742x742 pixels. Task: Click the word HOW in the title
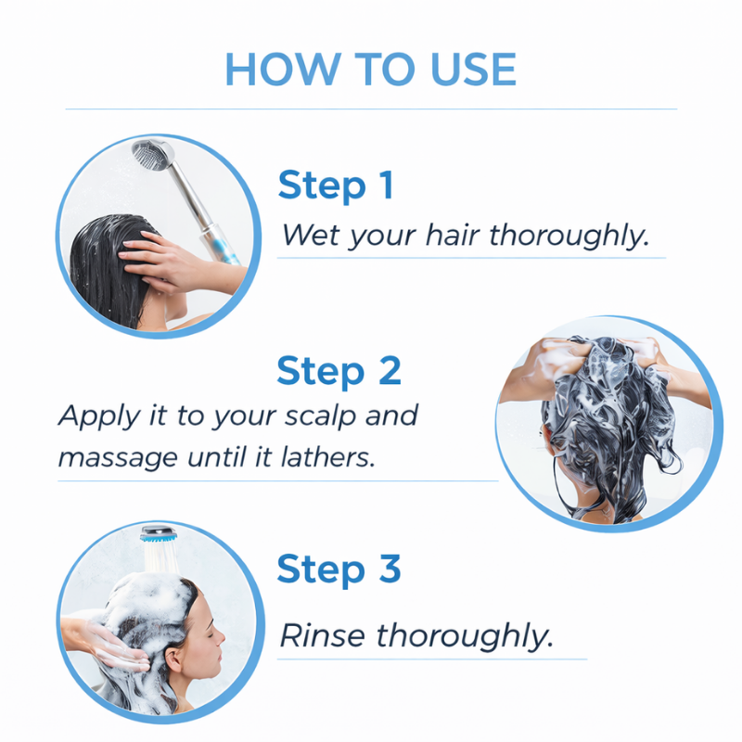click(x=283, y=69)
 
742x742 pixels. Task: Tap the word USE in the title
click(x=473, y=69)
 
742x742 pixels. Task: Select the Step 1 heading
click(x=336, y=186)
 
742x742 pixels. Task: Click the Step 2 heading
click(x=339, y=372)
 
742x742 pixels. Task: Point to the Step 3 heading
click(x=339, y=569)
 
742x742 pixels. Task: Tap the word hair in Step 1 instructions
click(x=453, y=235)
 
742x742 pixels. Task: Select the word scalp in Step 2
click(x=321, y=416)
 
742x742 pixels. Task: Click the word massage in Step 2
click(x=118, y=458)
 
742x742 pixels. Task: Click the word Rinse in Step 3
click(x=322, y=635)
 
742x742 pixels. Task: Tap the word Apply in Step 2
click(x=99, y=416)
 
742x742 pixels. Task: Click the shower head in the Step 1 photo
click(x=152, y=155)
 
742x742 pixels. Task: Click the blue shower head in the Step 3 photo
click(x=158, y=533)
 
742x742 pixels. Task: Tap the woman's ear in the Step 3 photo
click(x=173, y=659)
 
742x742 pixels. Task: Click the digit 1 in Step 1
click(x=387, y=185)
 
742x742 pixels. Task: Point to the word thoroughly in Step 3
click(x=465, y=635)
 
